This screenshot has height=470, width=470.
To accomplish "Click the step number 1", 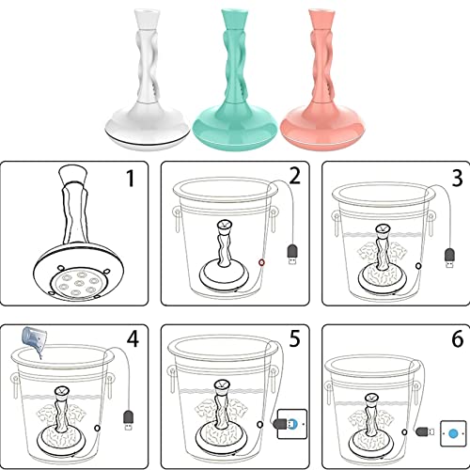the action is (x=130, y=178).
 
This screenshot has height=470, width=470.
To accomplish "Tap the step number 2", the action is (x=295, y=176).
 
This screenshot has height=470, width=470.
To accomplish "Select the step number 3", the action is (x=458, y=178).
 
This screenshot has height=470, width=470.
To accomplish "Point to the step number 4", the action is (x=133, y=338).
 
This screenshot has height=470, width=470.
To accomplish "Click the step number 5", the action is (x=294, y=338).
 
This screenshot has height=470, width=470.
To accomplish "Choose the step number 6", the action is (x=458, y=338).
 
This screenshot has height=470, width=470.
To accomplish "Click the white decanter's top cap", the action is (x=147, y=20).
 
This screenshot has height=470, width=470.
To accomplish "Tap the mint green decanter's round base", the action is (x=235, y=126).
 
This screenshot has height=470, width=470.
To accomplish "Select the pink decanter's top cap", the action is (x=321, y=20).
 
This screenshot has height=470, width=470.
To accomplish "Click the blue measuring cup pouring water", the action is (x=34, y=339).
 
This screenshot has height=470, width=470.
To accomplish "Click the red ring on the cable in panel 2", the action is (x=261, y=262).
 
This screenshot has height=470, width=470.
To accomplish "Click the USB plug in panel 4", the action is (x=128, y=420).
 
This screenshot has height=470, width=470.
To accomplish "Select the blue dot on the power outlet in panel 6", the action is (x=453, y=434).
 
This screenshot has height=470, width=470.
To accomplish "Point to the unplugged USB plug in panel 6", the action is (x=425, y=431).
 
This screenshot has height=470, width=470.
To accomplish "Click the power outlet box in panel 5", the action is (x=292, y=424).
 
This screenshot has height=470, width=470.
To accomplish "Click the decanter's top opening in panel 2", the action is (x=225, y=224).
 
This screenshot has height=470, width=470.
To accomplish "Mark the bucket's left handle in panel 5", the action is (x=172, y=380).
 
